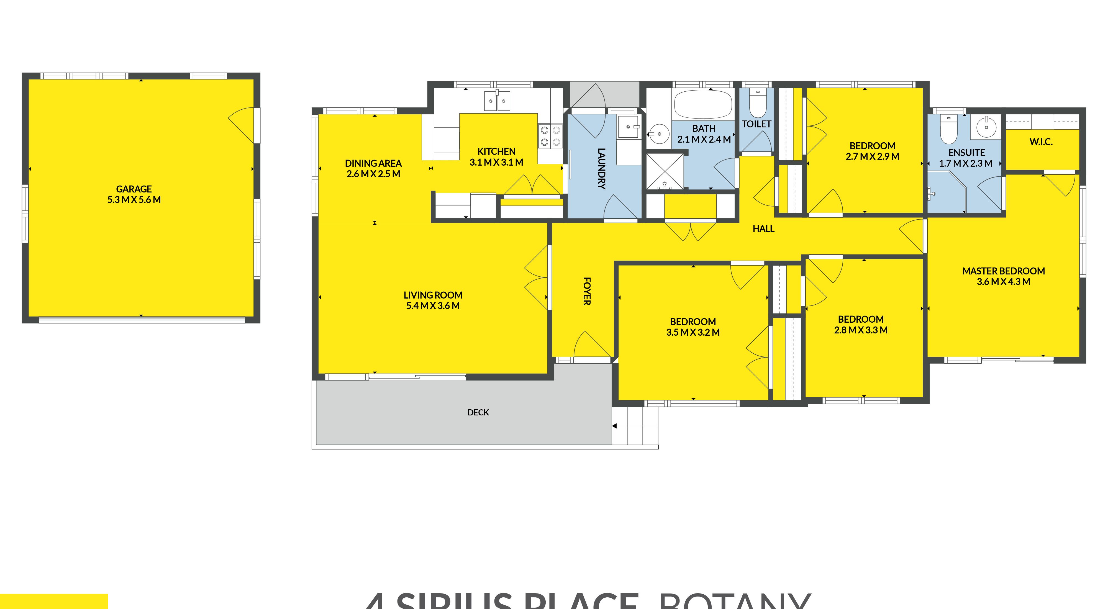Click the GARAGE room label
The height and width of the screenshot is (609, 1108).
(x=134, y=189)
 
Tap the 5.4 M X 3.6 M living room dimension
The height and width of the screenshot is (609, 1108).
(x=433, y=306)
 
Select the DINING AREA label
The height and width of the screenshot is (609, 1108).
(x=373, y=163)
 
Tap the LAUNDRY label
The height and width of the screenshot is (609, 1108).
(x=601, y=169)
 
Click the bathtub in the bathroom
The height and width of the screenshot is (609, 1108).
(x=703, y=104)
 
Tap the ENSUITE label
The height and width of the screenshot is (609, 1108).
(x=966, y=153)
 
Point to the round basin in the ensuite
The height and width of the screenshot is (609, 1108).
(x=986, y=127)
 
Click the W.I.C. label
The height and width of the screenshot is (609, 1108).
(x=1041, y=142)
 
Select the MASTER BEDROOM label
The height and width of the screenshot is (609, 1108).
(x=1004, y=271)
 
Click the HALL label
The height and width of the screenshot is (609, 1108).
(x=763, y=229)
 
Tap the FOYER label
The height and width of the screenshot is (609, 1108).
(x=587, y=291)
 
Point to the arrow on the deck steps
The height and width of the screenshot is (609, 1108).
(x=614, y=426)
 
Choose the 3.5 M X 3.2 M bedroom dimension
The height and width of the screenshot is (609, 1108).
(x=693, y=332)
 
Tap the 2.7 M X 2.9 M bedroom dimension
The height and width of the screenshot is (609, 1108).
(x=872, y=156)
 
